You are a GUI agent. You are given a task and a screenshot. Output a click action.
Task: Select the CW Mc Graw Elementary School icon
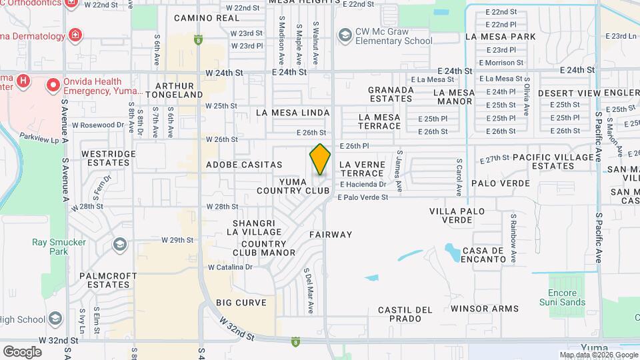(345, 34)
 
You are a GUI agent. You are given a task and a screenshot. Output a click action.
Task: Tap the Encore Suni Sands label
(567, 297)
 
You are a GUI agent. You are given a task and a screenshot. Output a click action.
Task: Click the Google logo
(22, 351)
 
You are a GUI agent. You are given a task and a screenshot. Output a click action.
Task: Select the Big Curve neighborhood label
(241, 303)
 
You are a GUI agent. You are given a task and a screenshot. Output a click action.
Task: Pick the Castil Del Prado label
(405, 314)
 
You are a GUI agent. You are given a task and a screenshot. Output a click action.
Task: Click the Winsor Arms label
(484, 309)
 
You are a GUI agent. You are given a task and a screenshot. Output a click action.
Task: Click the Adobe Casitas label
(244, 164)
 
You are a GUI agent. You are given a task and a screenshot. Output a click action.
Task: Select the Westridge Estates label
(108, 158)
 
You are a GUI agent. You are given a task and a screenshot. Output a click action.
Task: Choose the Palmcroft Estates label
(108, 280)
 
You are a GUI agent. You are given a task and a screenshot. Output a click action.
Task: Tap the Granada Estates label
(391, 93)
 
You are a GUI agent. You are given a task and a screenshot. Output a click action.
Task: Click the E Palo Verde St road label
(363, 197)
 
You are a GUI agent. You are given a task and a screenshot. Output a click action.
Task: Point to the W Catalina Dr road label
(230, 267)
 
